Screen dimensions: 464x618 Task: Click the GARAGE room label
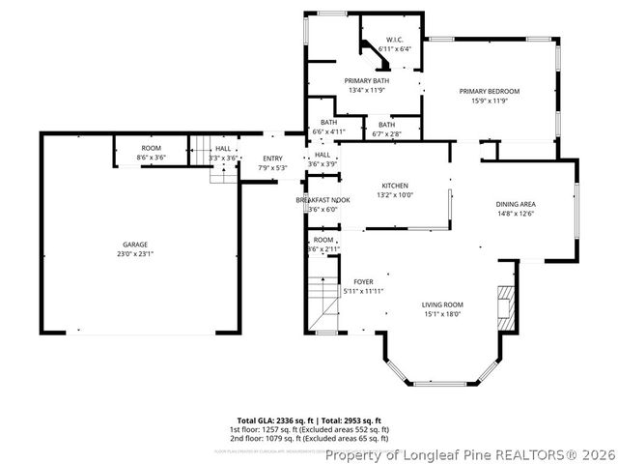pyautogui.click(x=134, y=245)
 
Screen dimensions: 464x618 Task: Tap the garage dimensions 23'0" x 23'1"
pyautogui.click(x=134, y=254)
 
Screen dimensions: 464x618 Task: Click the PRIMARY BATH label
pyautogui.click(x=366, y=80)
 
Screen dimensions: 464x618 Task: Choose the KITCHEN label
pyautogui.click(x=395, y=185)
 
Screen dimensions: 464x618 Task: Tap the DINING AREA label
pyautogui.click(x=516, y=204)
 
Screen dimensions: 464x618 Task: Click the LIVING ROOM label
pyautogui.click(x=442, y=304)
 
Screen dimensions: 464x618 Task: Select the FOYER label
pyautogui.click(x=363, y=281)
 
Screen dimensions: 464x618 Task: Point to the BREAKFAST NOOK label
pyautogui.click(x=323, y=199)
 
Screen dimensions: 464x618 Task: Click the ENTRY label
pyautogui.click(x=272, y=159)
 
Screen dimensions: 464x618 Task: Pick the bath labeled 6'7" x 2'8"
pyautogui.click(x=386, y=129)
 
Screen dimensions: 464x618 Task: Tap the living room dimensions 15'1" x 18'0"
pyautogui.click(x=442, y=313)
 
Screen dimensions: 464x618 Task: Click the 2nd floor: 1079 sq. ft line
pyautogui.click(x=309, y=438)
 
